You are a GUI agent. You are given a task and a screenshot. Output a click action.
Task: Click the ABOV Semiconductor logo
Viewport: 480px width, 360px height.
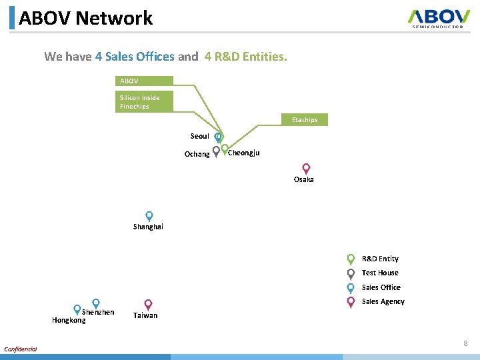[x=439, y=18]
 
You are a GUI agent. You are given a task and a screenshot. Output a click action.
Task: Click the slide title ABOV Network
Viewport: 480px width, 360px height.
[x=86, y=18]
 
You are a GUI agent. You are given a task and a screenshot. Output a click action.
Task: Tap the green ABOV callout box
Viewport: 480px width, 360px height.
[x=144, y=81]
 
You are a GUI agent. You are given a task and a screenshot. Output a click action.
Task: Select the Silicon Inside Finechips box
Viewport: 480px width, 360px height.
[x=144, y=102]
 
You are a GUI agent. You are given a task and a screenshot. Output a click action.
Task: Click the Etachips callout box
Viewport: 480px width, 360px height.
[x=305, y=120]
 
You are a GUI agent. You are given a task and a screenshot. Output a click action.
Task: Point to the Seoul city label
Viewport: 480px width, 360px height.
[x=199, y=136]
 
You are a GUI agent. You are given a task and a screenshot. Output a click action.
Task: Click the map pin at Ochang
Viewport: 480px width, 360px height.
[x=216, y=151]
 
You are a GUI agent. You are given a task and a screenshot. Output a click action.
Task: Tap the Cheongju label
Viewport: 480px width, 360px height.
[x=244, y=153]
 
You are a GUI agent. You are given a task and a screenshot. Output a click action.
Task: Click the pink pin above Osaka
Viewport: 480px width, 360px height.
[x=306, y=169]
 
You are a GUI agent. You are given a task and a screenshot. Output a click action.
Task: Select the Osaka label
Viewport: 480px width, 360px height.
[x=304, y=180]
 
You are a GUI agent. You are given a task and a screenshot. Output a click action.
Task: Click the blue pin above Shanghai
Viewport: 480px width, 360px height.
[x=149, y=216]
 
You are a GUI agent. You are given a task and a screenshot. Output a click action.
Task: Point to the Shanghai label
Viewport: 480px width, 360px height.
[x=148, y=227]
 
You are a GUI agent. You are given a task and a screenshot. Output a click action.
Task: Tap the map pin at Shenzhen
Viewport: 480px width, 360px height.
[x=96, y=303]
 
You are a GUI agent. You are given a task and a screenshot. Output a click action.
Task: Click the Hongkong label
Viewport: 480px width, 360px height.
[x=69, y=320]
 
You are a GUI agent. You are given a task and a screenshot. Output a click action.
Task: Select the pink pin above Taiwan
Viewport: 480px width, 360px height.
[x=148, y=304]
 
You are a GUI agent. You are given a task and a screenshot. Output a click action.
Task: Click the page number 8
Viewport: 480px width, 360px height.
[x=465, y=343]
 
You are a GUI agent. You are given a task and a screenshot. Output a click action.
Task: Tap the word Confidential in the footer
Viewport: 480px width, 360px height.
[x=21, y=349]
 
